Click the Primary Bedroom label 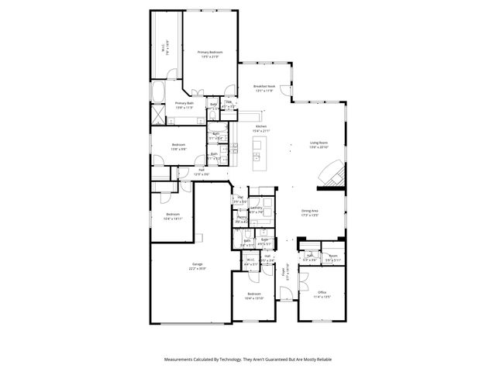click(x=208, y=51)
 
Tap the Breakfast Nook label click(x=264, y=86)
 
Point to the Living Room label click(x=319, y=143)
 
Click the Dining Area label click(x=311, y=211)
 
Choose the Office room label click(x=321, y=291)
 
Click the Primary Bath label click(x=184, y=103)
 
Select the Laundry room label click(x=257, y=208)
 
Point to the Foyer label click(x=284, y=271)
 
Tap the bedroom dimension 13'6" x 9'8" click(x=178, y=149)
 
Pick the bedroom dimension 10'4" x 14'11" click(x=172, y=219)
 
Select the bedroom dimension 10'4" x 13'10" click(x=254, y=298)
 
